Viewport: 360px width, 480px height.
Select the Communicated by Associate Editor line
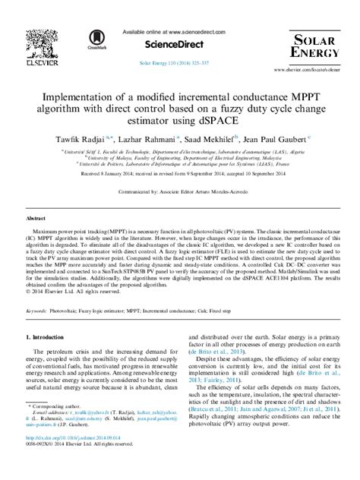[180, 193]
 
